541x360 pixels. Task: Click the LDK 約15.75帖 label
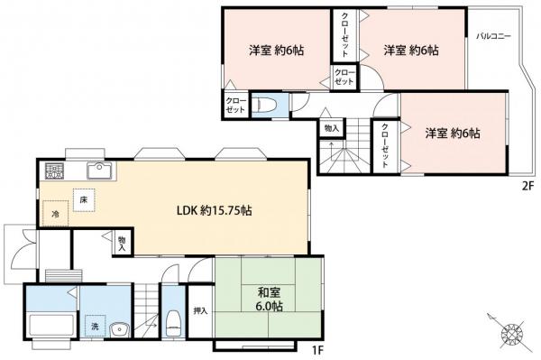coord(213,210)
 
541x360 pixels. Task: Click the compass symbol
coord(511,335)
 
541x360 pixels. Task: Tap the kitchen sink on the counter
coord(97,169)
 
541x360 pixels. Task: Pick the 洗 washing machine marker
coord(93,326)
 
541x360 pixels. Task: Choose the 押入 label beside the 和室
coord(200,311)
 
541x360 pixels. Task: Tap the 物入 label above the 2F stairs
coord(330,129)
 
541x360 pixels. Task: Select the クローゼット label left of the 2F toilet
coord(233,104)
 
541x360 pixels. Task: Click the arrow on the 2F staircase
coord(330,150)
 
